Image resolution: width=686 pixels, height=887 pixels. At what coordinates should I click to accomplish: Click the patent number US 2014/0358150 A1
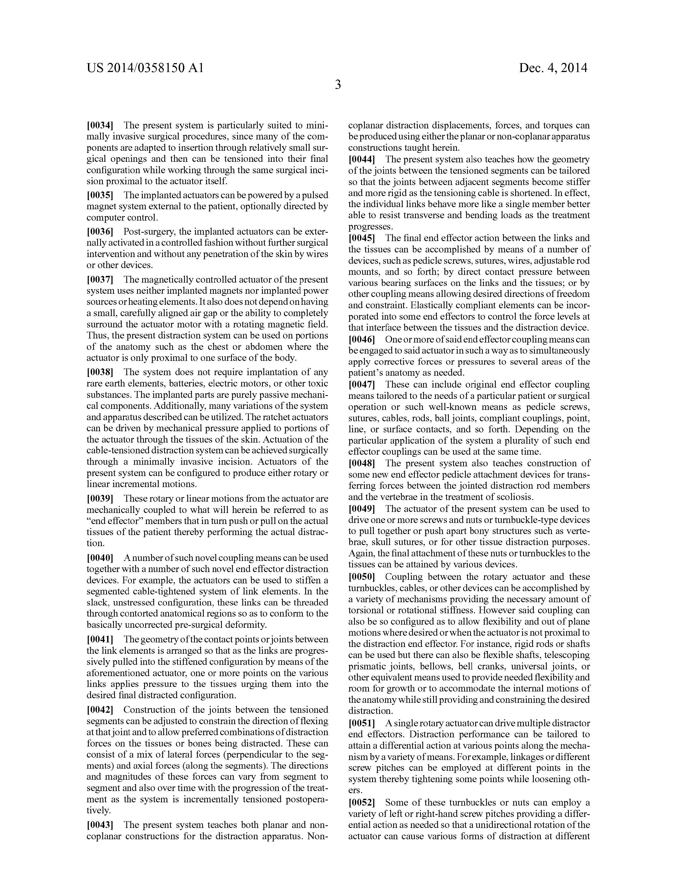[x=145, y=68]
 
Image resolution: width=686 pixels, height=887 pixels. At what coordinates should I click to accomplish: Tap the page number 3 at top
[x=338, y=85]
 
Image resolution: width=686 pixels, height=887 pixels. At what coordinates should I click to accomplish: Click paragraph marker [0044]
[x=362, y=159]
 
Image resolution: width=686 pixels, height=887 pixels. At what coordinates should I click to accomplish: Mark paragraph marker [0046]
[x=362, y=339]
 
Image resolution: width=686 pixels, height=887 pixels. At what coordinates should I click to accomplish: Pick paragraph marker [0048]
[x=362, y=463]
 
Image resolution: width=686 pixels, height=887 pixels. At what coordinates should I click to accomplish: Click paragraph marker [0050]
[x=362, y=577]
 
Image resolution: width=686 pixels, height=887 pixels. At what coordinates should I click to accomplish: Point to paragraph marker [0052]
[x=362, y=803]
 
